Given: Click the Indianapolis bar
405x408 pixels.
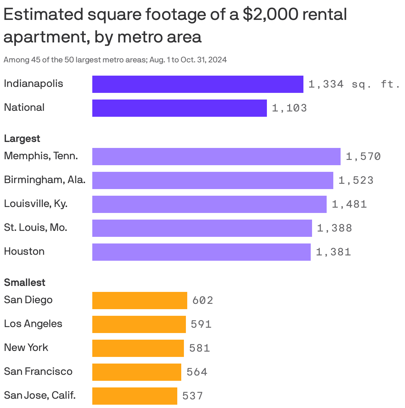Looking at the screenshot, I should coord(198,84).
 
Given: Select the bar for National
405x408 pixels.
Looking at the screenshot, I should coord(179,108).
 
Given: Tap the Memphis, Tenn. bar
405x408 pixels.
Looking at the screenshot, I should coord(216,157).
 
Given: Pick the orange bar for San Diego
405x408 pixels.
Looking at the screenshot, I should coord(139,301).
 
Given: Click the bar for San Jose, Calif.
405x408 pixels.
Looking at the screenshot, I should coord(134,396).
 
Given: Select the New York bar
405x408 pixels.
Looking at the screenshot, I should coord(138,348).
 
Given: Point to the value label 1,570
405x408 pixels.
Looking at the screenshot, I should coord(363,157).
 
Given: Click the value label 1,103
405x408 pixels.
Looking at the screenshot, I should coord(289,108).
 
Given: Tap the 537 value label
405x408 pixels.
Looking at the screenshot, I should coord(193,396).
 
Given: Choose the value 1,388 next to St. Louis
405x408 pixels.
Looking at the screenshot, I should coord(335,228).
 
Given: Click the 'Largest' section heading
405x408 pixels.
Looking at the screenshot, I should coord(22,139).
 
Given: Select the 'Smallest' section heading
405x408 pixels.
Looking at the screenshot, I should coord(25,283).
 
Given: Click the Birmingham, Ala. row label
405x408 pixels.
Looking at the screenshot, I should coord(44,180).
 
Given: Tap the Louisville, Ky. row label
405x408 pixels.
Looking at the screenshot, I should coord(36,204).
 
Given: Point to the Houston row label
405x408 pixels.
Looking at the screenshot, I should coord(24,251).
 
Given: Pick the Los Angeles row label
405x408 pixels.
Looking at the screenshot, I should coord(33,324).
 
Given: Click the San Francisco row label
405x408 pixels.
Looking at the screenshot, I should coord(38,372).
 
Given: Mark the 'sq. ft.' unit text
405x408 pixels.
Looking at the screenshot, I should coord(376,85).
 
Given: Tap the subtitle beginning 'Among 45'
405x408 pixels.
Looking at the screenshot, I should coord(115,60).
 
